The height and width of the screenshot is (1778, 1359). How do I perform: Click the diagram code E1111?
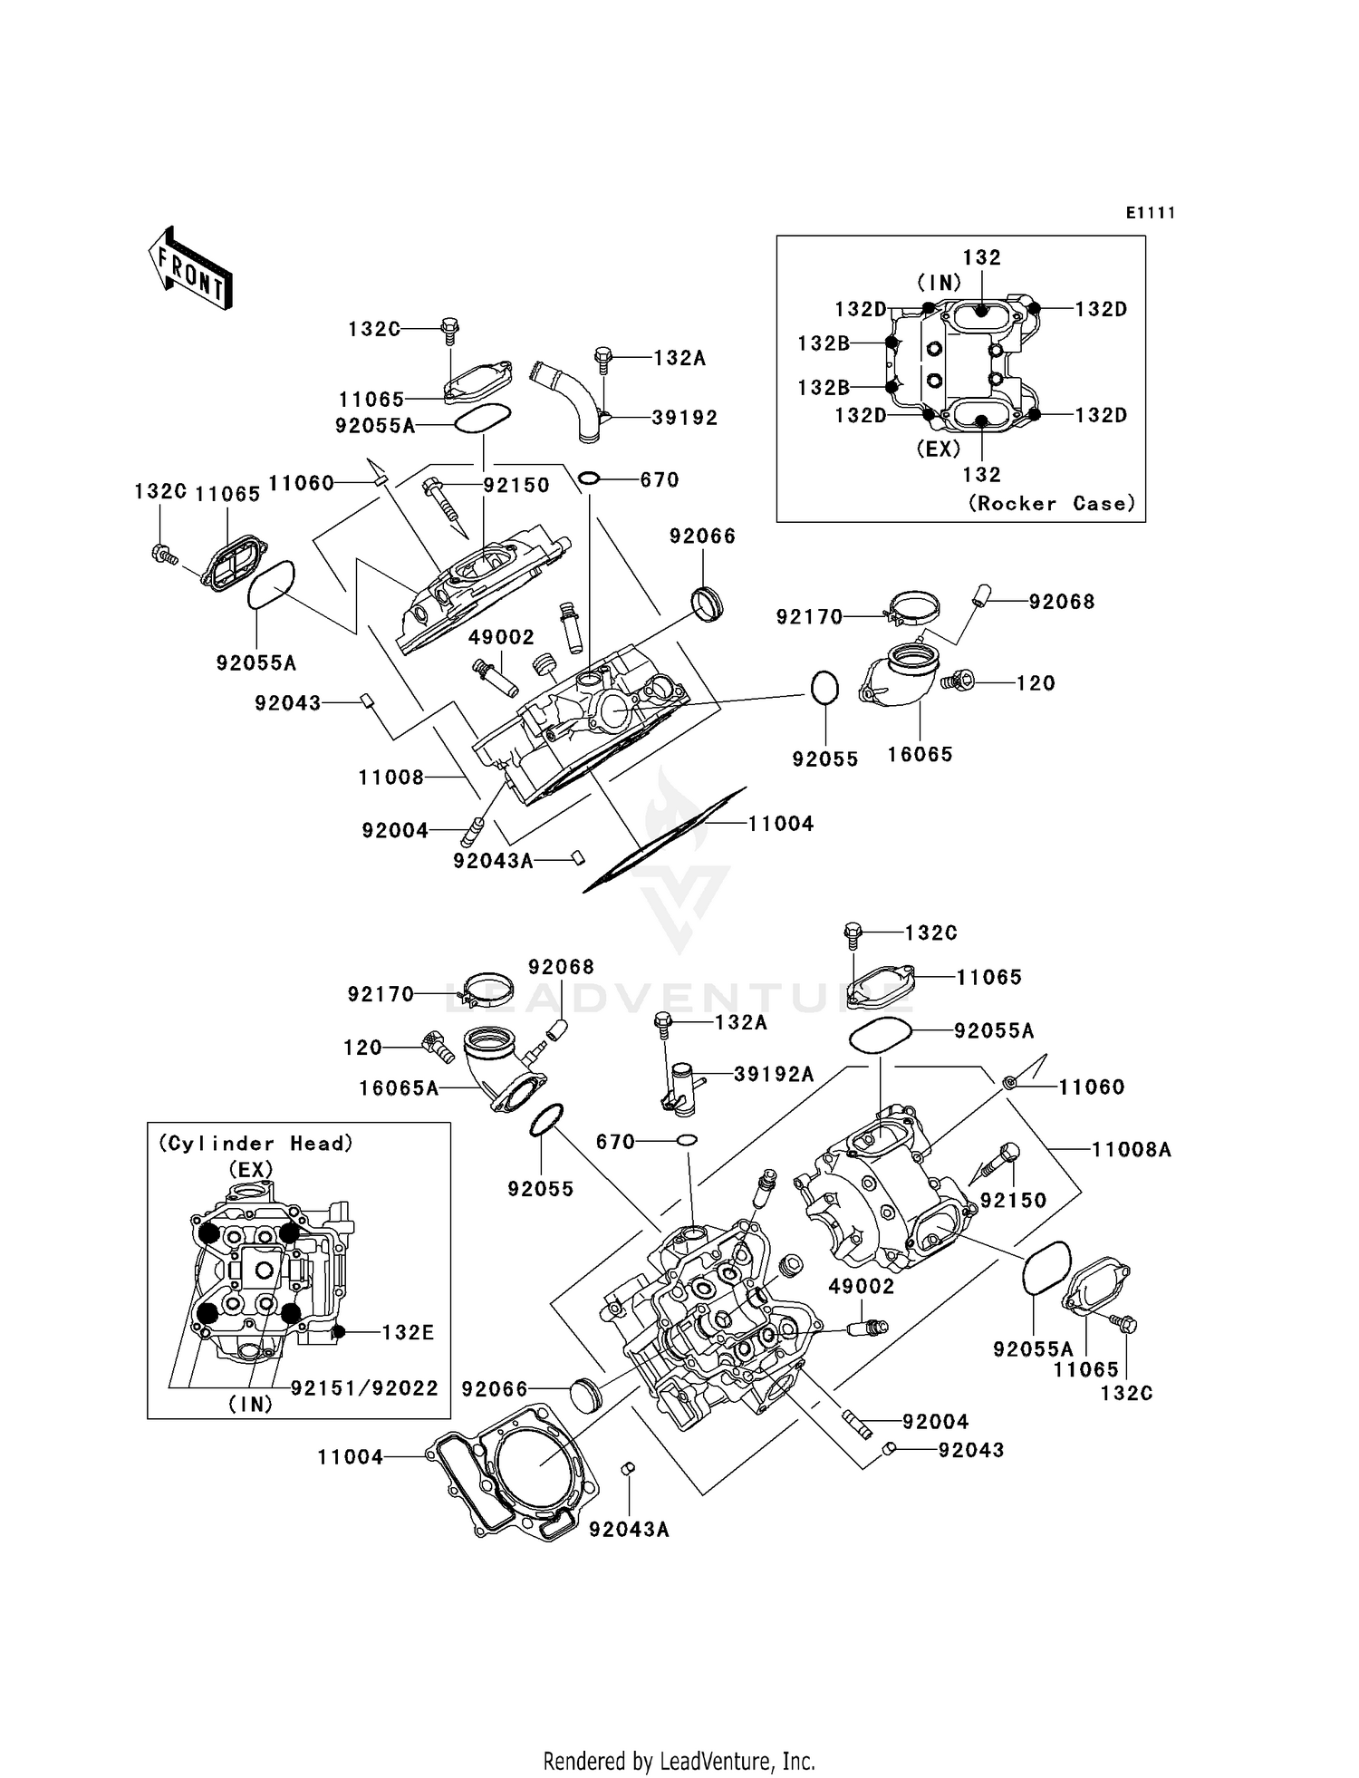coord(1150,213)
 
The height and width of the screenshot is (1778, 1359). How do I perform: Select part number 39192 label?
coord(684,418)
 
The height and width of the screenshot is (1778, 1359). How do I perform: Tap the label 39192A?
coord(773,1074)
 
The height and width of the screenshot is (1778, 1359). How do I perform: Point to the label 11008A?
coord(1131,1150)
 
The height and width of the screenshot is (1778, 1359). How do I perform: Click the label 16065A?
coord(399,1088)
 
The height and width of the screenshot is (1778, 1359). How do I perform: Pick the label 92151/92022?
coord(364,1388)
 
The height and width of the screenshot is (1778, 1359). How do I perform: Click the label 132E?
coord(408,1332)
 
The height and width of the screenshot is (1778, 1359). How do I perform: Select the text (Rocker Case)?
coord(1051,504)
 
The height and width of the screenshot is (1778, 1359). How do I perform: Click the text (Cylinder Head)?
coord(256,1144)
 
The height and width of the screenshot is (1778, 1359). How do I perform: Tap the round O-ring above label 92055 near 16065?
coord(824,687)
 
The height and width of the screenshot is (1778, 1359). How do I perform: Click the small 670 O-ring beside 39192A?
coord(687,1141)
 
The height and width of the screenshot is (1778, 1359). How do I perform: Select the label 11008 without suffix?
coord(390,777)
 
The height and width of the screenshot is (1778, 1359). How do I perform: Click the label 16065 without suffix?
coord(920,754)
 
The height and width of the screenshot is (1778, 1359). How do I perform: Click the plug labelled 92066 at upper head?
coord(707,604)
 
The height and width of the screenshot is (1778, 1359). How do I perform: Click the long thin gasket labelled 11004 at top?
coord(666,838)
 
